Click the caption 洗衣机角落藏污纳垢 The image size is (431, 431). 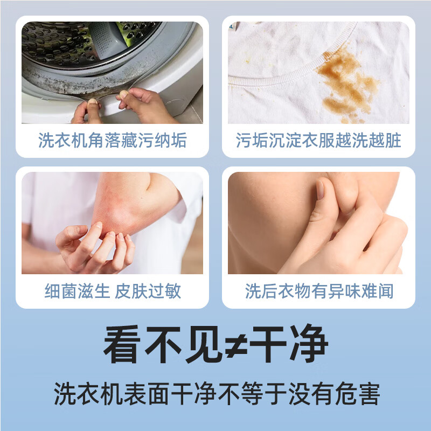(x=113, y=141)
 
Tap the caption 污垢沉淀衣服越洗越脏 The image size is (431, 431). (x=318, y=141)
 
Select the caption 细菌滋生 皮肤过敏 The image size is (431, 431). (x=113, y=291)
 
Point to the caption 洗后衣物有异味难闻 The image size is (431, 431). (x=319, y=291)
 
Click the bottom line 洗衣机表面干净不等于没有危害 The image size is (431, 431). (x=215, y=394)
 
